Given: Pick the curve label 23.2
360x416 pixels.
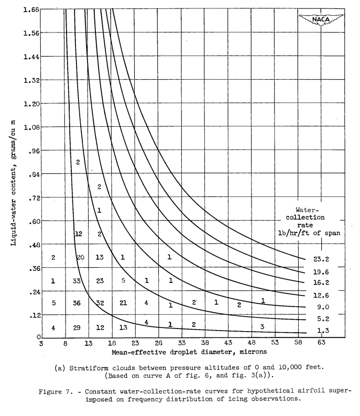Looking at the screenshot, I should coord(325,259).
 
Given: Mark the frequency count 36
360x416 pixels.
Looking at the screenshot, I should coord(77,303).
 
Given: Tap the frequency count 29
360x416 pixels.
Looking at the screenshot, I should coord(77,327).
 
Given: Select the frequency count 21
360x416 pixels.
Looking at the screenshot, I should coord(123,303).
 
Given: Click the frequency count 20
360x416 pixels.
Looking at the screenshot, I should coord(80,257).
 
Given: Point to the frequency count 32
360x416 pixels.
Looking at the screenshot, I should coord(100,303).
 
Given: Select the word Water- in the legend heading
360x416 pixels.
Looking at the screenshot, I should coord(310,211).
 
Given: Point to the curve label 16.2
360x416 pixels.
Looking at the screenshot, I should coord(325,283).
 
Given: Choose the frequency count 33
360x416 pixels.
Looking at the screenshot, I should coord(77,281).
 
